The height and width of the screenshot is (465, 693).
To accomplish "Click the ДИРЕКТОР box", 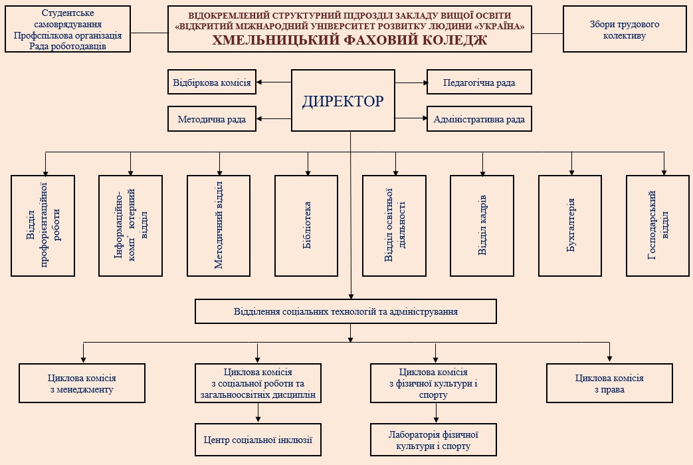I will point(343,102).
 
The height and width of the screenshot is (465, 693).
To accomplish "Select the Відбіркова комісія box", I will point(212,82).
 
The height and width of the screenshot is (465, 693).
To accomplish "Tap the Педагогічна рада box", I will point(479,82).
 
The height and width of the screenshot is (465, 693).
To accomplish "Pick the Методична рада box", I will point(212,120).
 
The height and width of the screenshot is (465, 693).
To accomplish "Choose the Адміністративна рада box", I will point(479,120).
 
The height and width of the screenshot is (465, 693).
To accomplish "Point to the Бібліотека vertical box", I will point(307,226).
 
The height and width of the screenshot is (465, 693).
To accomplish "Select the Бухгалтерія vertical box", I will point(570,226).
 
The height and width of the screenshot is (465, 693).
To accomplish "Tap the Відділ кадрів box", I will point(482,226).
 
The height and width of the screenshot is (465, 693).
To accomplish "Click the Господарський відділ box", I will point(658,226).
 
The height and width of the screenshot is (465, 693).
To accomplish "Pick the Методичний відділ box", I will point(219,226).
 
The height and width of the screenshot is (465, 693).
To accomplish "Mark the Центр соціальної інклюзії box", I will point(258,440).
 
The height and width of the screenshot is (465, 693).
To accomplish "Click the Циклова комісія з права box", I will point(609,383).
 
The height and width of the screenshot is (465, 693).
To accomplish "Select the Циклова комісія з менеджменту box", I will point(82,383).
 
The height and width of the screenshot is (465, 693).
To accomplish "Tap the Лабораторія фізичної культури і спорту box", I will point(434,440).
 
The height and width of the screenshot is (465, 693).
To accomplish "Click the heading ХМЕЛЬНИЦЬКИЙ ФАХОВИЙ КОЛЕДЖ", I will point(349,40).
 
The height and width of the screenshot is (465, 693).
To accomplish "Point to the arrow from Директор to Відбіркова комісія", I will point(274,82).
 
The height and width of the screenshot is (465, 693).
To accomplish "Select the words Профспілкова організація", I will point(67,35).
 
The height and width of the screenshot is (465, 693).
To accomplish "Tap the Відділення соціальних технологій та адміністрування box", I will point(346,311).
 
